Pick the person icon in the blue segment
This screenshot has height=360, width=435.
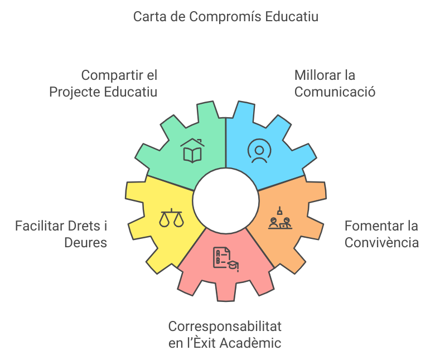click(x=259, y=151)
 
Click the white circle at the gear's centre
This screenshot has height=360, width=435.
click(x=225, y=201)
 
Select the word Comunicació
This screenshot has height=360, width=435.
click(x=335, y=92)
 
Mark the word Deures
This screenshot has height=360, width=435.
click(x=85, y=243)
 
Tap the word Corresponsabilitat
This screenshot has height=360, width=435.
click(x=225, y=326)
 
